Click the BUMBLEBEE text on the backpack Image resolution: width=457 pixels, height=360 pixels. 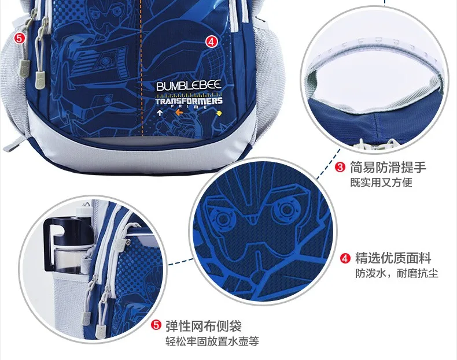click(189, 86)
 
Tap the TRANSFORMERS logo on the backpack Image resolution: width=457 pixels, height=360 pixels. click(189, 101)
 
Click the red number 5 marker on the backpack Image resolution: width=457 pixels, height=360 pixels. click(19, 38)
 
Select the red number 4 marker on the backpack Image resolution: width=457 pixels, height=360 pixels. click(212, 42)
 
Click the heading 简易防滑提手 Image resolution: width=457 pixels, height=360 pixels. click(388, 167)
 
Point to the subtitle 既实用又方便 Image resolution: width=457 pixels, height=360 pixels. click(381, 183)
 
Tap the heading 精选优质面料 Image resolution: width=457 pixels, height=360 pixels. click(393, 258)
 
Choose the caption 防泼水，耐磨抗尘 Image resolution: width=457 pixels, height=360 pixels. click(396, 273)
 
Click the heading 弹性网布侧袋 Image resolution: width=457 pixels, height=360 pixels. click(204, 325)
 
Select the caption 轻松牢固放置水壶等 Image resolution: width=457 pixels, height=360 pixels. click(212, 341)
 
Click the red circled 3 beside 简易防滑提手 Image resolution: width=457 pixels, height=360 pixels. click(340, 168)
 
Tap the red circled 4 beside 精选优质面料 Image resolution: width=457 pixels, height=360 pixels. click(345, 258)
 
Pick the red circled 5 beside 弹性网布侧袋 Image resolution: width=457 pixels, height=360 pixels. click(156, 325)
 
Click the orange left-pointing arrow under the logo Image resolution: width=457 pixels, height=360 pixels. click(179, 112)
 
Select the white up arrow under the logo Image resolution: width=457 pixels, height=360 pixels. click(160, 113)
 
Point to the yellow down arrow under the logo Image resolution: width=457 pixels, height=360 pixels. click(218, 113)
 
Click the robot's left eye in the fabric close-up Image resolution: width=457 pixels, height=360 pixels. click(222, 218)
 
